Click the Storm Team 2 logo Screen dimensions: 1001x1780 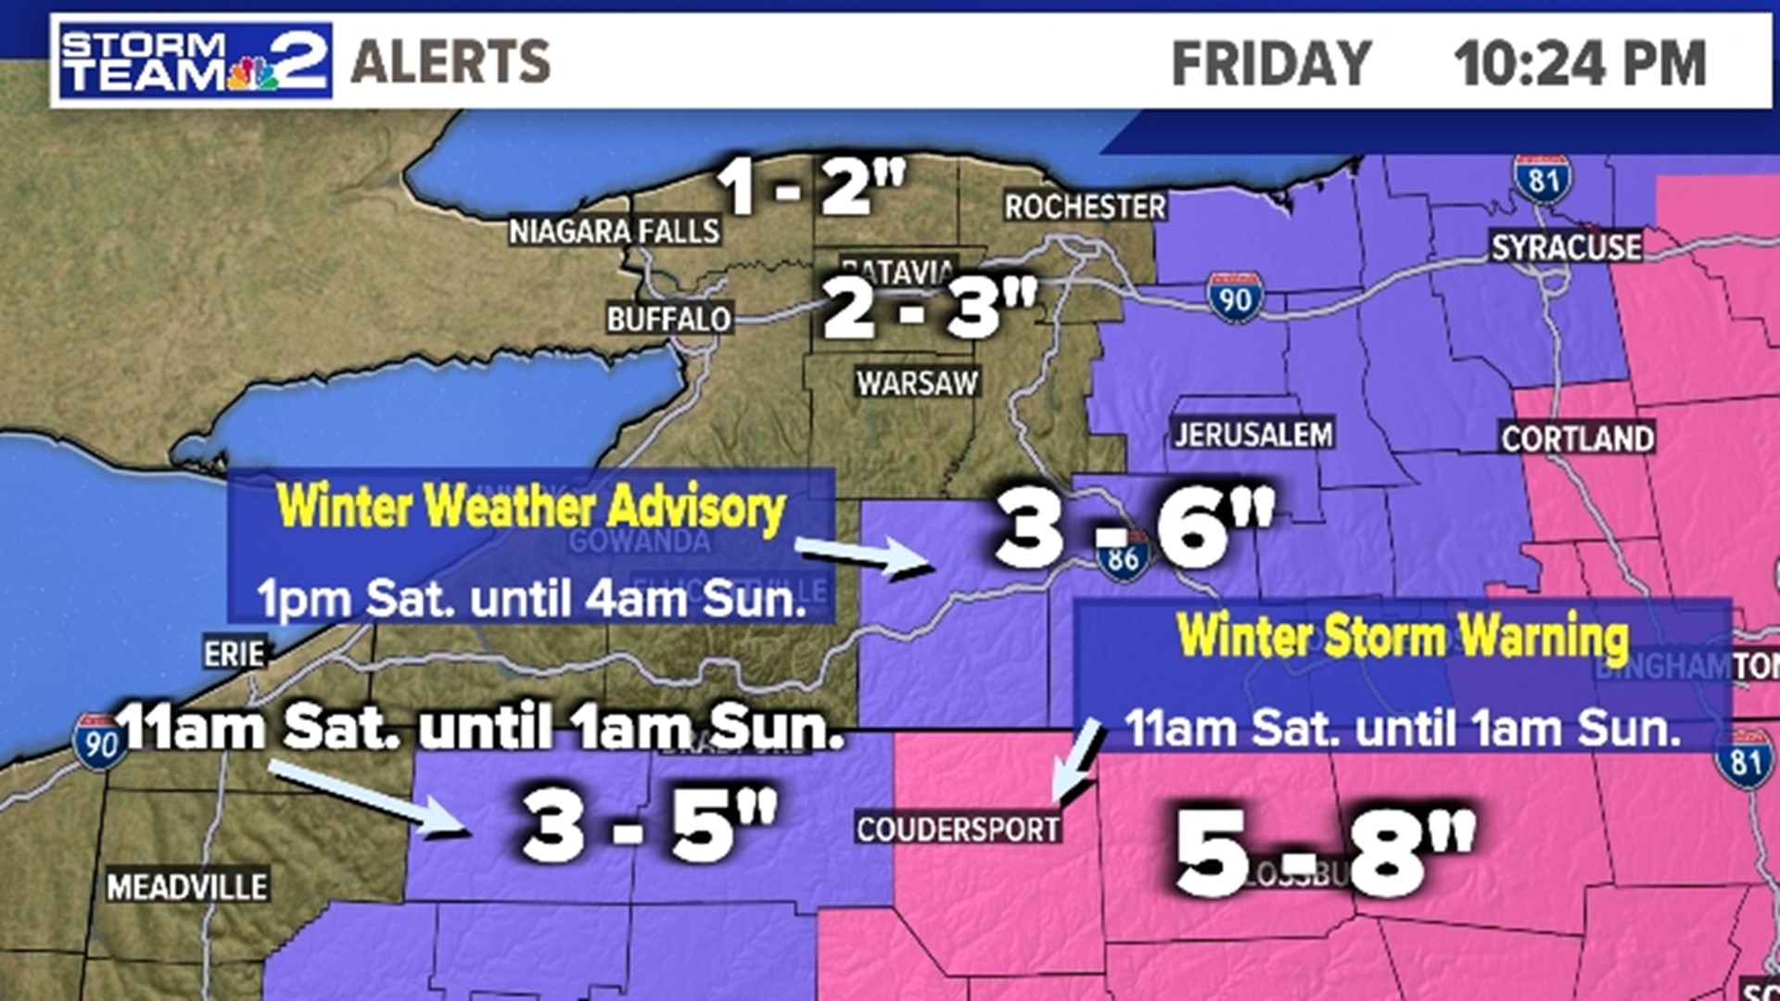(x=195, y=61)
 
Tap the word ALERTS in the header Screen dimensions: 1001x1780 (x=451, y=62)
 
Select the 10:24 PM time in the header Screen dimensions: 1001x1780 (x=1579, y=63)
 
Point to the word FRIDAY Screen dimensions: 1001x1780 (x=1271, y=63)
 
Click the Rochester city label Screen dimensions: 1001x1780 (x=1085, y=207)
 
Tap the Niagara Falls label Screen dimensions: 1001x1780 (x=614, y=231)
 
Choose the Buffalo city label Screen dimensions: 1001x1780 (x=668, y=320)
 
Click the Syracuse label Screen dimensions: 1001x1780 (x=1566, y=247)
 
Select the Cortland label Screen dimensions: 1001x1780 (x=1577, y=438)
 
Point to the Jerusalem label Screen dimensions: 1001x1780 (x=1253, y=434)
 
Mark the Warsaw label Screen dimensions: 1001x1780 (x=917, y=383)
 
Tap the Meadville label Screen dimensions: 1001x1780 (x=187, y=887)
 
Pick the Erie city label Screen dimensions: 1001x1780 (x=235, y=653)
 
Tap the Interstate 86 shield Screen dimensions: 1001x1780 (x=1123, y=558)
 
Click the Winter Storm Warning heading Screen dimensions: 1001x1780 (x=1402, y=637)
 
